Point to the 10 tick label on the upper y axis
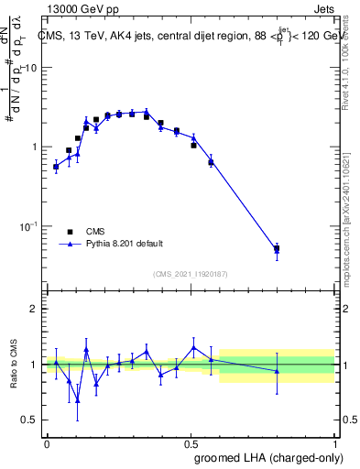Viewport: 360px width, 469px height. (30, 69)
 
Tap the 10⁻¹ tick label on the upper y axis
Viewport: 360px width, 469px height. (28, 226)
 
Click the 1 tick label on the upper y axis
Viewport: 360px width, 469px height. (34, 147)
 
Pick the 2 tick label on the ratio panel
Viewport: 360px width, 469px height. (34, 309)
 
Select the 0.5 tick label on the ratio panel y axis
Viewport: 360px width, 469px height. (29, 420)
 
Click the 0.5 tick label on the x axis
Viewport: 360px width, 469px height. (191, 442)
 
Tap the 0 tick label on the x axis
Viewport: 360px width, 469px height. (47, 442)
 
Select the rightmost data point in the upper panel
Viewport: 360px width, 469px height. (277, 248)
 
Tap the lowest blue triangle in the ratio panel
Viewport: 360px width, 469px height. (78, 399)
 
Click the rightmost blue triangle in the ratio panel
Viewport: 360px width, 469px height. (277, 370)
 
